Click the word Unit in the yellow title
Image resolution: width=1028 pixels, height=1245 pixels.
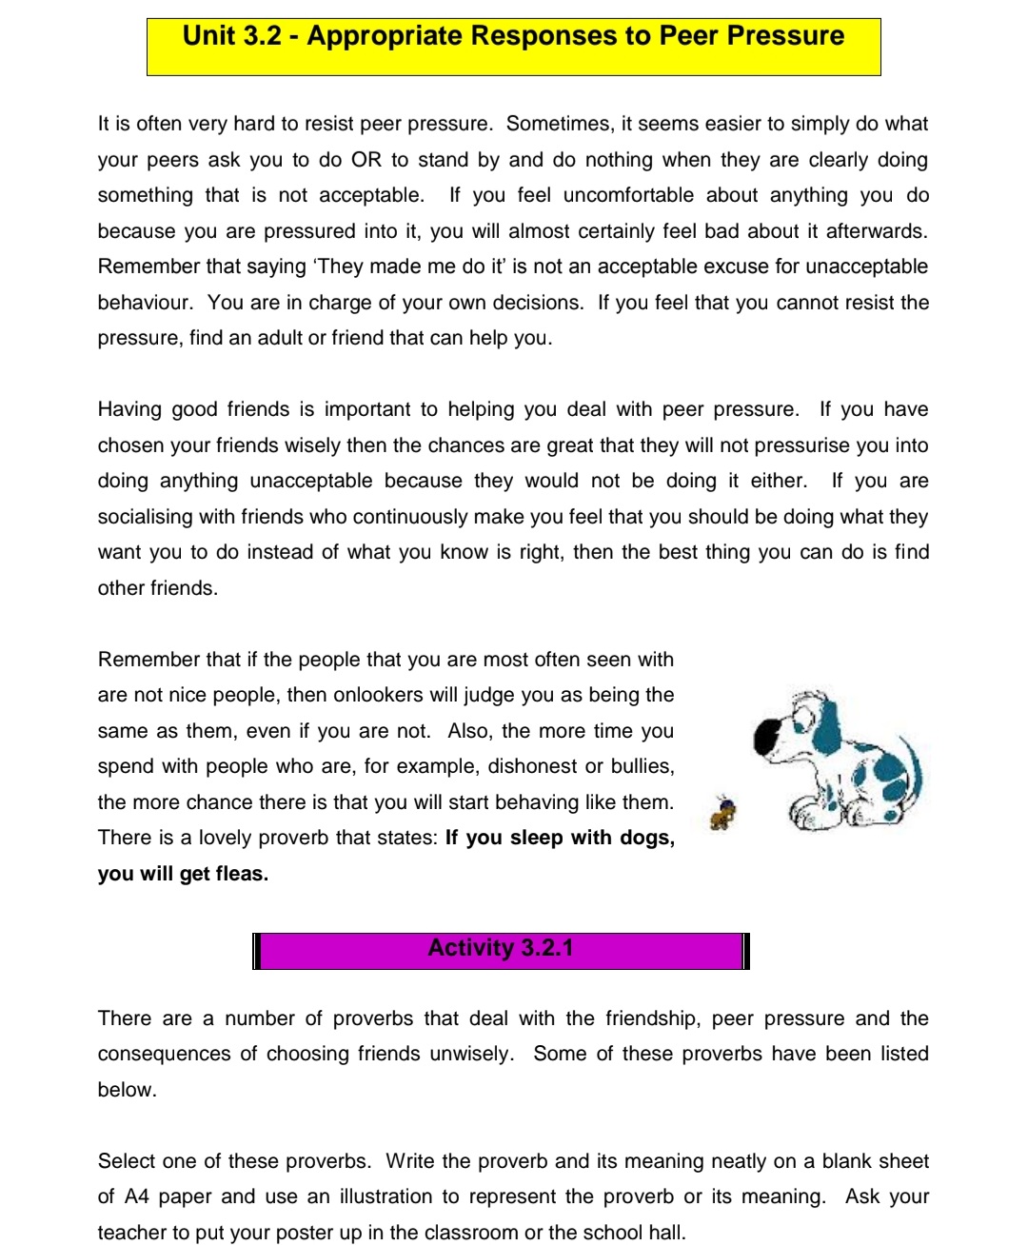[x=208, y=36]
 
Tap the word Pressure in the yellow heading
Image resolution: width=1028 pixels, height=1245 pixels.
[x=784, y=36]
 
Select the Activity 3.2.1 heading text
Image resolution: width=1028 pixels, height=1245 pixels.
[x=501, y=948]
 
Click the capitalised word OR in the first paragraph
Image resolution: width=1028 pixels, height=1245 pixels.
[x=366, y=160]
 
